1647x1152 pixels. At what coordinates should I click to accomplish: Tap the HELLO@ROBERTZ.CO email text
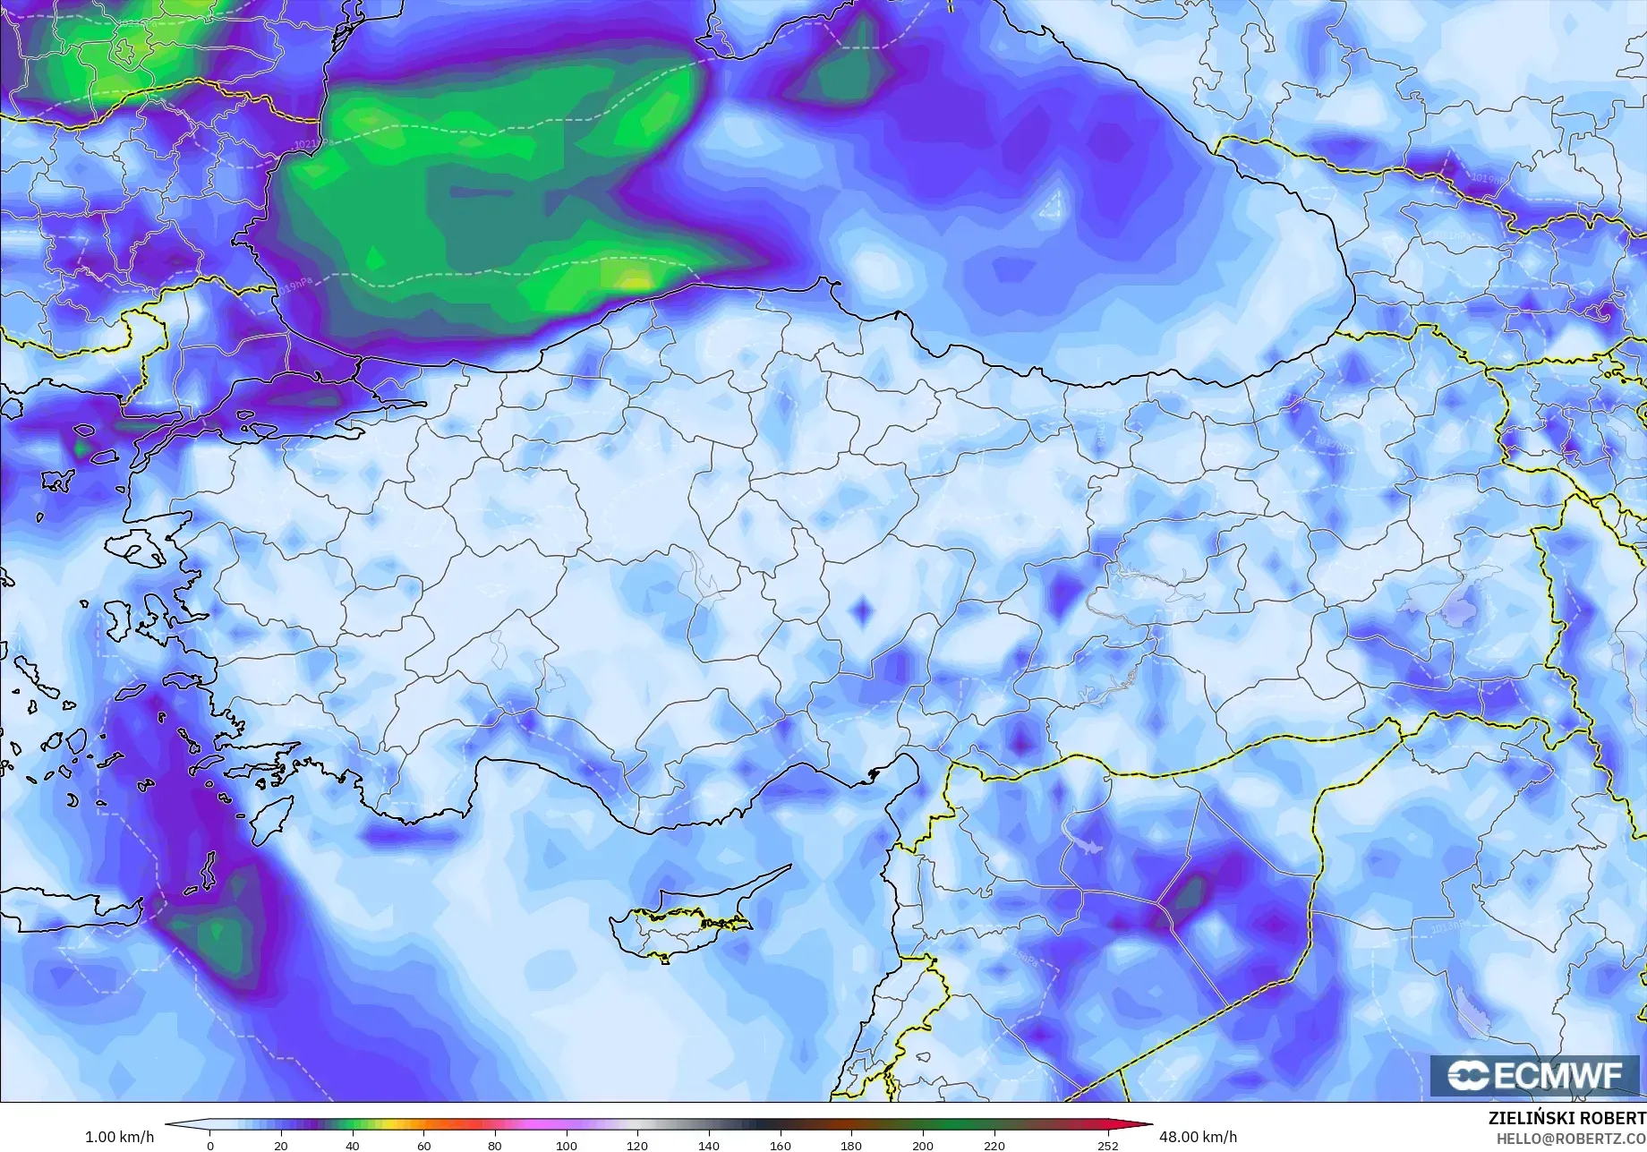1572,1139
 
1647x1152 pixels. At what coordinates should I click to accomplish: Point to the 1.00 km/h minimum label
113,1137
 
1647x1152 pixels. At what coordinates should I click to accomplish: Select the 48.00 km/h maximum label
1198,1137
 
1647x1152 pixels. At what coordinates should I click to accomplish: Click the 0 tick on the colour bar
210,1145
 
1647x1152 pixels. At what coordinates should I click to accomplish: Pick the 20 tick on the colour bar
281,1145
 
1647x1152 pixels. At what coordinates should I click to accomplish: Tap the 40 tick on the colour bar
353,1145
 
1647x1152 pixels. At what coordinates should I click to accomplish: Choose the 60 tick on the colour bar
423,1145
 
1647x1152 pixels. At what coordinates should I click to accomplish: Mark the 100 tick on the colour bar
566,1145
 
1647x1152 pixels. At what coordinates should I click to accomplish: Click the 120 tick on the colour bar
637,1145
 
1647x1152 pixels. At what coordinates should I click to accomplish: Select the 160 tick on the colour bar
780,1145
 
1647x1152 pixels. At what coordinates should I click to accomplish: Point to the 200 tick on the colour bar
922,1145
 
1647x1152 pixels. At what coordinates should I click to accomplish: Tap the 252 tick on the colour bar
1108,1145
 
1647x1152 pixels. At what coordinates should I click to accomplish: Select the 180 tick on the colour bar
851,1145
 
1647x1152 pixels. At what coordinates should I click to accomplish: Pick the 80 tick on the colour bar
495,1145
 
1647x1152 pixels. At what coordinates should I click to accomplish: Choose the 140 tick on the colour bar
708,1145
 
